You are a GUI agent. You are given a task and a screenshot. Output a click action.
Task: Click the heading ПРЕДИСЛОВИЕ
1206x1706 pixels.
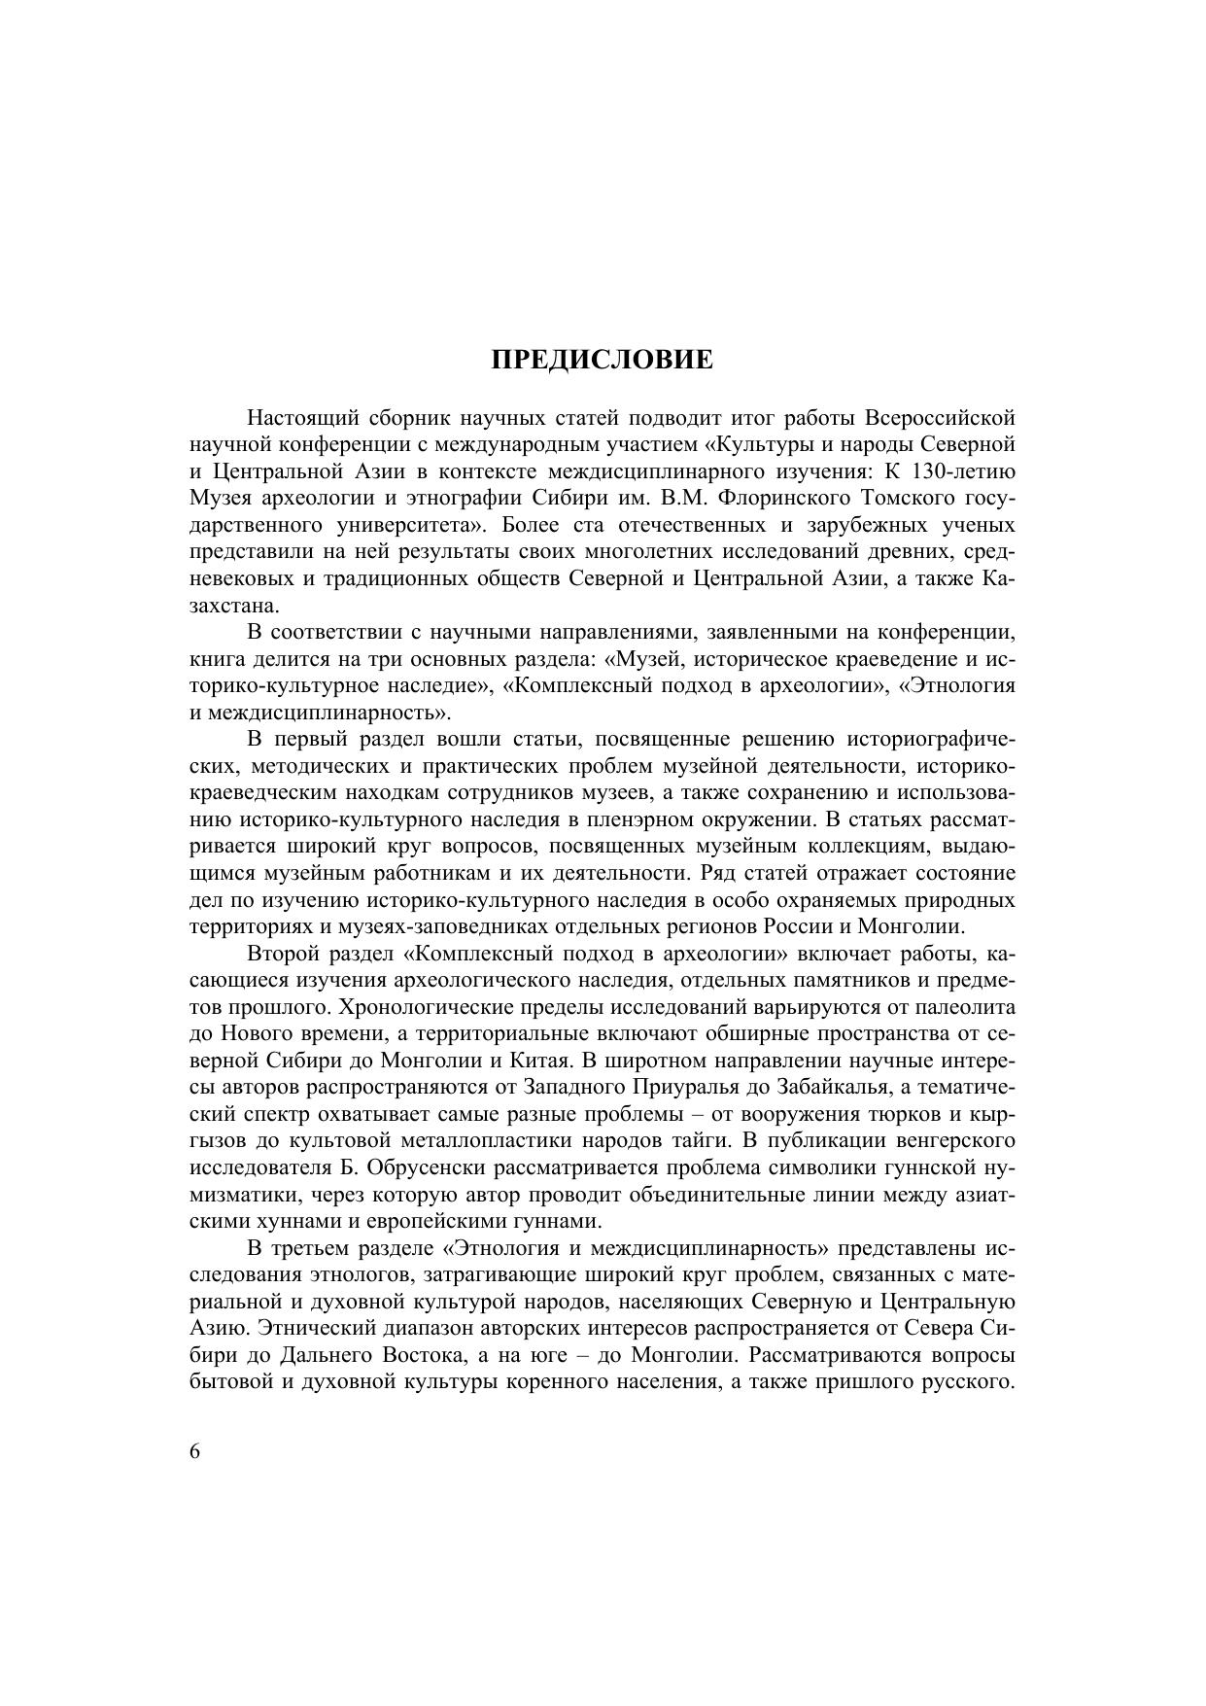point(602,361)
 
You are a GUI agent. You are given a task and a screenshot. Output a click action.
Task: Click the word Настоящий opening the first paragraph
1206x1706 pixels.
point(302,419)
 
